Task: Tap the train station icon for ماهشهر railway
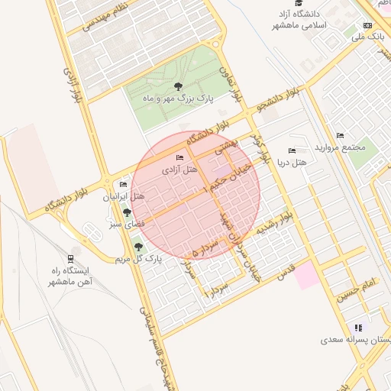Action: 71,259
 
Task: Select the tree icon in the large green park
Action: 178,86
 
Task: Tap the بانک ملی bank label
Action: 369,36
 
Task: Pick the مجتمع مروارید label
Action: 344,147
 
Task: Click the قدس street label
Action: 283,273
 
